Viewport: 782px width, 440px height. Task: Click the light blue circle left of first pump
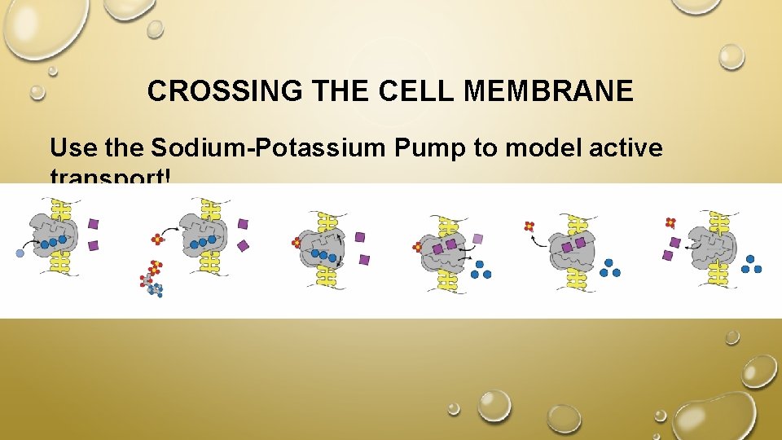20,253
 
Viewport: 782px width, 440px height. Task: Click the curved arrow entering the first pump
36,242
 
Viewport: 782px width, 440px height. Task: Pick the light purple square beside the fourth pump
478,239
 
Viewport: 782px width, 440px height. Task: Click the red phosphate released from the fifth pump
529,227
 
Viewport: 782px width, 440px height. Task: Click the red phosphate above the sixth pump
670,222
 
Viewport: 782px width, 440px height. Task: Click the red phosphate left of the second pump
157,240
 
